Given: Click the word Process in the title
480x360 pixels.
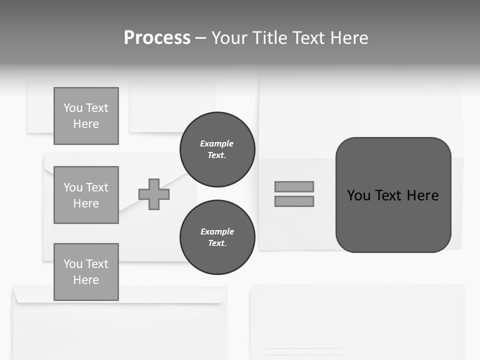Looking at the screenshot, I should tap(157, 38).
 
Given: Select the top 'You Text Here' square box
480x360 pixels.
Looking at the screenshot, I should tap(86, 116).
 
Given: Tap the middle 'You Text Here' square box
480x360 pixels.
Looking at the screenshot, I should tap(86, 195).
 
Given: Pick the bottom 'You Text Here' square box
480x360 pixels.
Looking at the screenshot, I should tap(86, 271).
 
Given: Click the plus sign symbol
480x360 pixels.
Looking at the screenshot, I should tap(154, 194).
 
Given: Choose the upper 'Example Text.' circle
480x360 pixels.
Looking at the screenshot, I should tap(217, 149).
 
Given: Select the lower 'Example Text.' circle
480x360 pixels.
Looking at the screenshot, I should tap(217, 237).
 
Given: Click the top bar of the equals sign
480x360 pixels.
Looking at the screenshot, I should tap(294, 186).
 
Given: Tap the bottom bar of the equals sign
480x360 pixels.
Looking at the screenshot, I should tap(294, 201).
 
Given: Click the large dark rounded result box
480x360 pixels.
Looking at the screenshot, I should tap(393, 194).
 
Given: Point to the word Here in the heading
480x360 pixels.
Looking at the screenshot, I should tap(348, 38).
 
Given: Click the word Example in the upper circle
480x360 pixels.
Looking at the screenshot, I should tap(217, 143).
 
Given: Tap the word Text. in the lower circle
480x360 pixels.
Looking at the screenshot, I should tap(217, 243).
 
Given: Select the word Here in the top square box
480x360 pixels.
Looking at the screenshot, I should tap(86, 124).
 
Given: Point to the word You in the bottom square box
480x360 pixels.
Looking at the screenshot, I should tap(73, 263).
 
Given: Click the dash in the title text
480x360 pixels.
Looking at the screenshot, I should tap(200, 38).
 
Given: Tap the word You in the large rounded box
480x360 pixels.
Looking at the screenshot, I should tap(358, 195).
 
